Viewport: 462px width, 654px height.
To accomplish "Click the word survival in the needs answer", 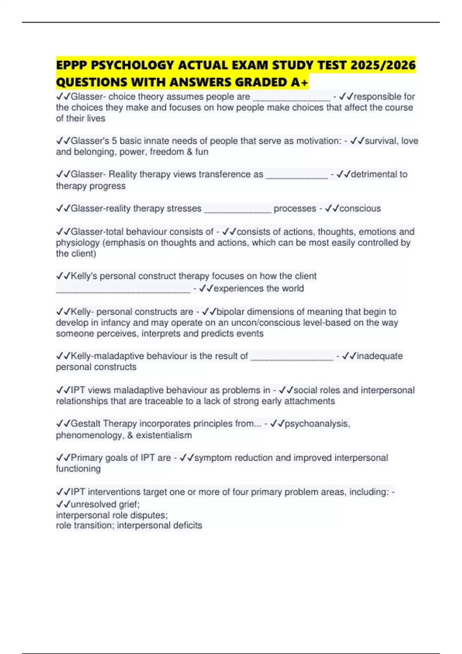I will (381, 141).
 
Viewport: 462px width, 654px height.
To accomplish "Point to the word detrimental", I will (374, 174).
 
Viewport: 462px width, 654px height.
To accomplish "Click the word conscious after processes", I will (360, 209).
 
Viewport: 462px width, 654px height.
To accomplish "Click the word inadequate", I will (380, 356).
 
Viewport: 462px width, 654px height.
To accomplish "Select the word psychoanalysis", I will (317, 424).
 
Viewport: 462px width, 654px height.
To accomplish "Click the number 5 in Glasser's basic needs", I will (114, 141).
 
